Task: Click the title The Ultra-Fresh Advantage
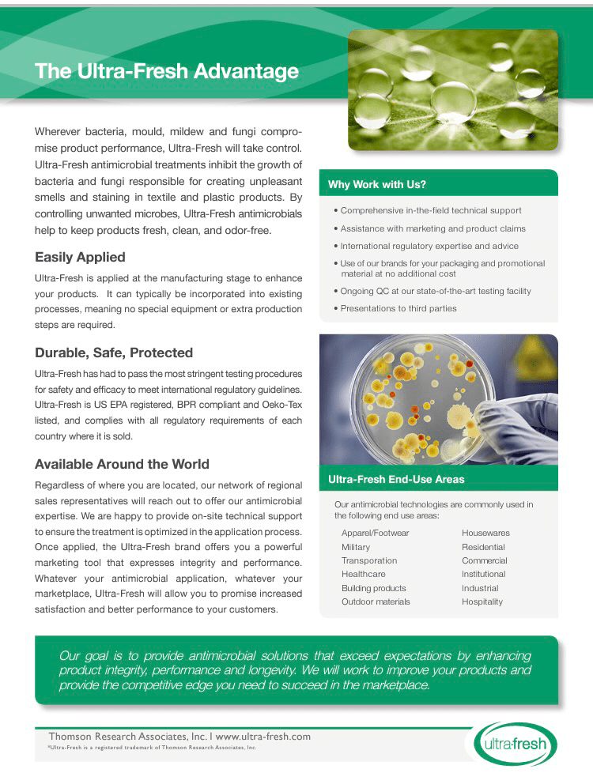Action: (167, 72)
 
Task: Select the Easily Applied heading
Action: (80, 257)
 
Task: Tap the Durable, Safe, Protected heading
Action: (114, 353)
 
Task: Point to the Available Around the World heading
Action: (122, 464)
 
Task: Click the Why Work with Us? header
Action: (377, 185)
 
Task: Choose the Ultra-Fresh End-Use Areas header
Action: (396, 479)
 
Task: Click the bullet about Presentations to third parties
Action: (398, 308)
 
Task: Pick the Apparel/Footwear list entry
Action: (375, 533)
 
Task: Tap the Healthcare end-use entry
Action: (363, 574)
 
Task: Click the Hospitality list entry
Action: (482, 601)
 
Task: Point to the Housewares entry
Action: (485, 533)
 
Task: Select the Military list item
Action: (356, 547)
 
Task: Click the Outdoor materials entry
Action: (376, 601)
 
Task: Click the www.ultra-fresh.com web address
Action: (263, 737)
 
